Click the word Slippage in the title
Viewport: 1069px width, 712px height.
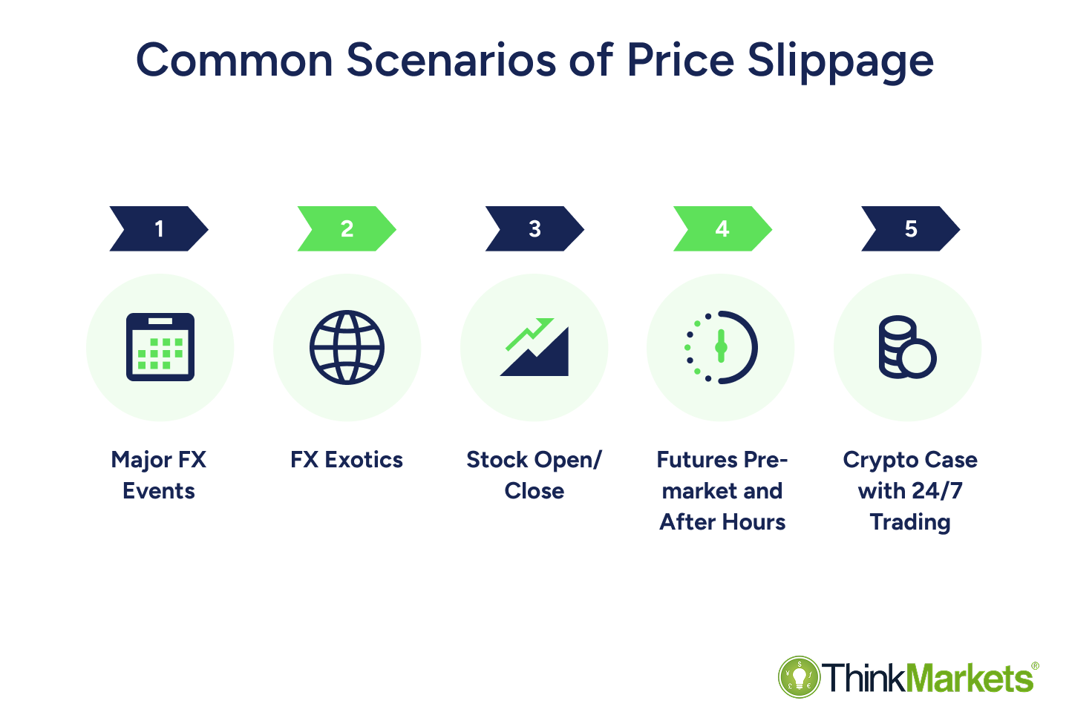[840, 61]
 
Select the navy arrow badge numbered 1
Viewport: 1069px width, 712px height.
[159, 228]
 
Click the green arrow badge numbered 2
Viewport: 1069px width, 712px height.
[347, 228]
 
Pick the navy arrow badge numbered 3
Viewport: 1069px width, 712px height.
[534, 228]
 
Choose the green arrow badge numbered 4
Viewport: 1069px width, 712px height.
[722, 228]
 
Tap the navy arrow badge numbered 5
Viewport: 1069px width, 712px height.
[910, 228]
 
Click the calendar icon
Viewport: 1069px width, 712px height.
[160, 347]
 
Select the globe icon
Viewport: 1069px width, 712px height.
[347, 347]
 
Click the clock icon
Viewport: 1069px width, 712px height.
[722, 347]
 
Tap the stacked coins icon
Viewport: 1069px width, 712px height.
[906, 347]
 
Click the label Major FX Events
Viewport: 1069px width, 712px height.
[159, 475]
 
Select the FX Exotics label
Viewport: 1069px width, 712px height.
[347, 460]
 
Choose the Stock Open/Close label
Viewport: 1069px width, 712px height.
[534, 475]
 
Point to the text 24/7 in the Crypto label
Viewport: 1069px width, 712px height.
[937, 491]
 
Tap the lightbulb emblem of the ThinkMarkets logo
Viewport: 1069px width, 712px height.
[799, 677]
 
